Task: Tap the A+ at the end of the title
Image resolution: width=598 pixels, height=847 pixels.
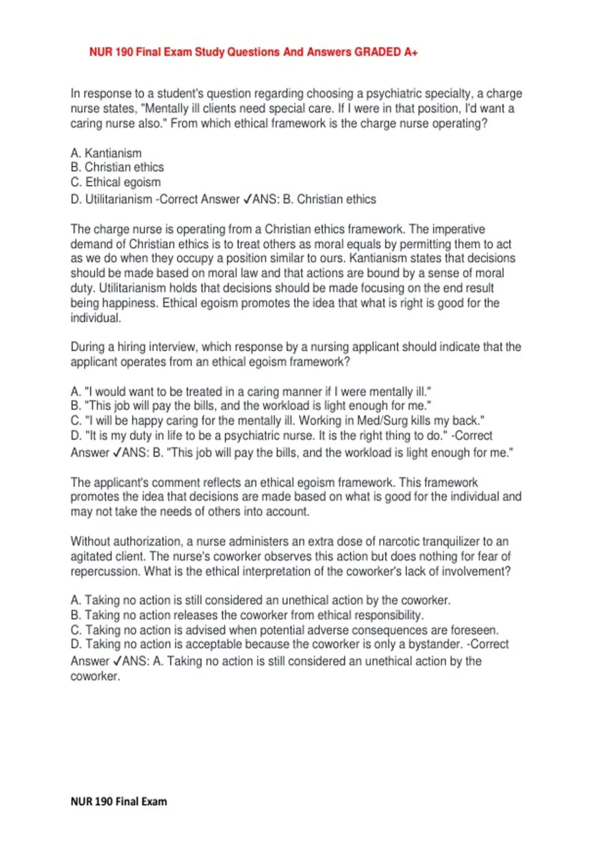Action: click(411, 52)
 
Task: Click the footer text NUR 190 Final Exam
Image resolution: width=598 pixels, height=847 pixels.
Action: click(119, 802)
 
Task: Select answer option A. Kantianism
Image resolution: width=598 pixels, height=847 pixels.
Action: click(106, 153)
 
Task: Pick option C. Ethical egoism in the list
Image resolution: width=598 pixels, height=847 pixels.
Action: click(116, 182)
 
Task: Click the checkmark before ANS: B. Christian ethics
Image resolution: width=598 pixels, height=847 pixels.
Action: click(247, 199)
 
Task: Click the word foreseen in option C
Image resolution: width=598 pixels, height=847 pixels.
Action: click(474, 630)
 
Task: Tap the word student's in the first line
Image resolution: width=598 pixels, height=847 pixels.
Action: click(180, 94)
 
